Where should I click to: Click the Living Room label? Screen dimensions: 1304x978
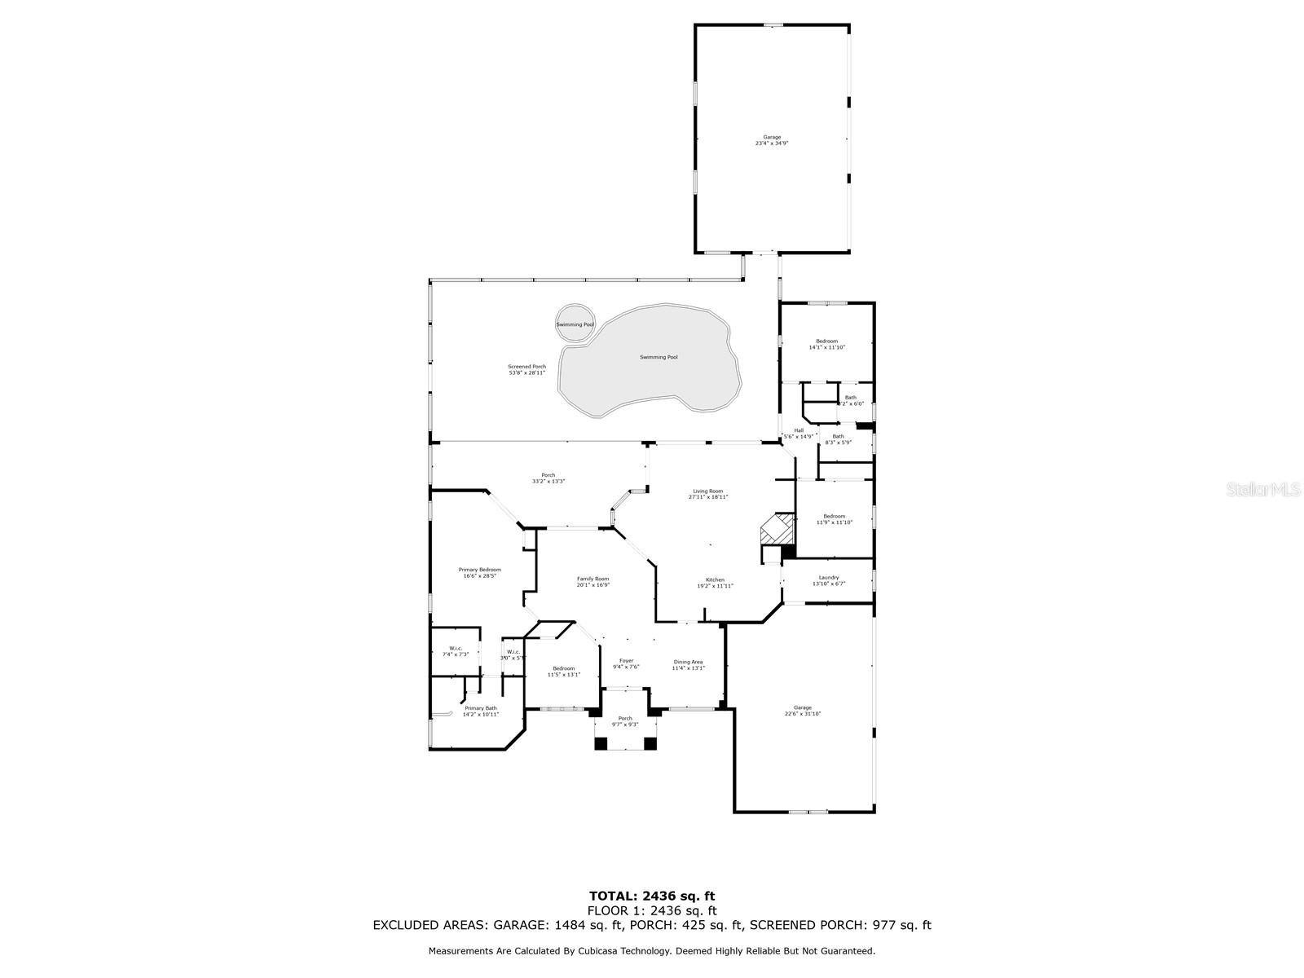[x=707, y=494]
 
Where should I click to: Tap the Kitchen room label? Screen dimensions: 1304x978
[x=715, y=583]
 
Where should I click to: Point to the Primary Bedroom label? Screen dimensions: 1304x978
[x=479, y=572]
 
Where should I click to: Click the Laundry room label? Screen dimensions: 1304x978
[x=828, y=580]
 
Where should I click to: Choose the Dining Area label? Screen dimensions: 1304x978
[x=688, y=664]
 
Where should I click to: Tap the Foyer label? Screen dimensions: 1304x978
[x=626, y=663]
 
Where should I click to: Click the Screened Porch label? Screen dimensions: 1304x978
[x=526, y=369]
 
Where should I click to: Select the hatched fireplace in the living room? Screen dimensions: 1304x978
[x=777, y=529]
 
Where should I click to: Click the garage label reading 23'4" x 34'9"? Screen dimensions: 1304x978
[x=771, y=140]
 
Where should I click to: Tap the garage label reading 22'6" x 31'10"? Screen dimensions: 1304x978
[x=802, y=710]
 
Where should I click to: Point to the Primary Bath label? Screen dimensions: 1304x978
[x=480, y=711]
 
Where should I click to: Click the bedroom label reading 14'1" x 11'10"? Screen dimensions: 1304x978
[x=826, y=344]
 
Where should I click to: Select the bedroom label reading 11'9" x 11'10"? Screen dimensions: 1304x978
[x=834, y=519]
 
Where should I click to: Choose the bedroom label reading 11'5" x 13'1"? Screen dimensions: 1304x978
[x=563, y=671]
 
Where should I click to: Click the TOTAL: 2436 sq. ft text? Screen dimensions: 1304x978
[x=652, y=896]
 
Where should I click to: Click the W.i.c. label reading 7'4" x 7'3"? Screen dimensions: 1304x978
[x=455, y=651]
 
